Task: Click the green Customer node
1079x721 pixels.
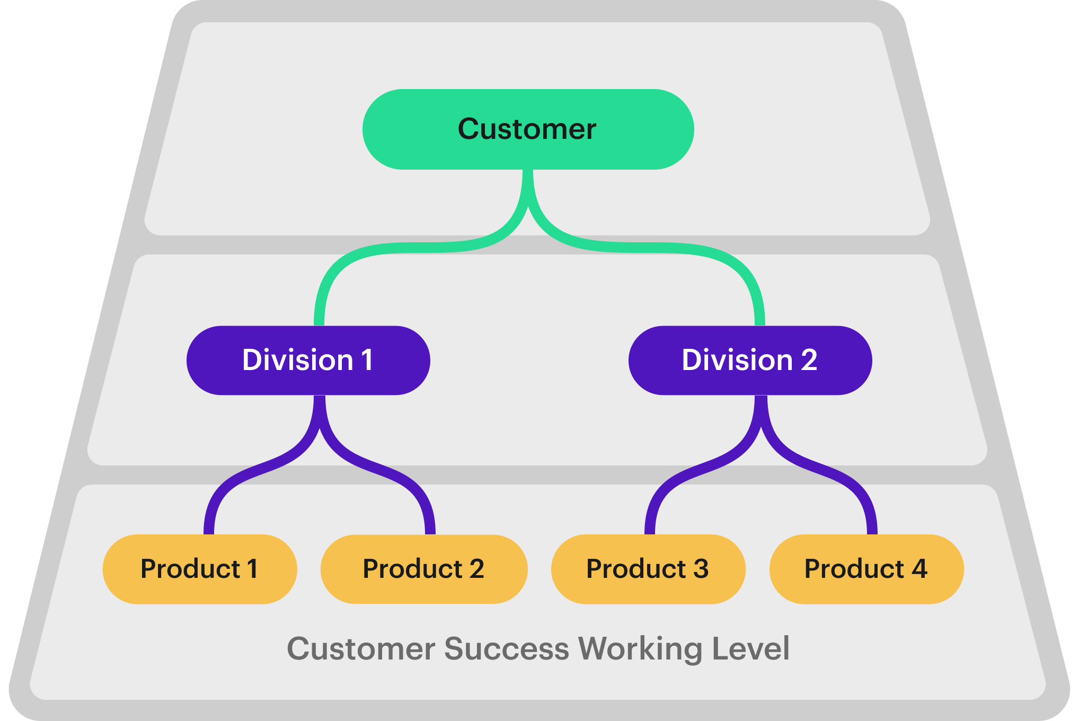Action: pyautogui.click(x=528, y=129)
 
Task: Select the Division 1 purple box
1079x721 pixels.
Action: pyautogui.click(x=308, y=360)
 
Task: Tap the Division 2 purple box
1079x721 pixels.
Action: pyautogui.click(x=750, y=360)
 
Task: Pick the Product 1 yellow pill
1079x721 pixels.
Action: pyautogui.click(x=199, y=569)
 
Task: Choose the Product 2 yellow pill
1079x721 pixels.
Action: pyautogui.click(x=423, y=569)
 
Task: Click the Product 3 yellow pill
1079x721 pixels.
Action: pyautogui.click(x=648, y=569)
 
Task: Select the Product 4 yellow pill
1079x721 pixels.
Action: pyautogui.click(x=866, y=569)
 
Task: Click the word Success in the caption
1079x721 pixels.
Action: pyautogui.click(x=506, y=648)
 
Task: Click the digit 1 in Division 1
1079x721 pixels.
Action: pyautogui.click(x=367, y=360)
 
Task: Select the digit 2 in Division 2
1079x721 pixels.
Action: pyautogui.click(x=809, y=360)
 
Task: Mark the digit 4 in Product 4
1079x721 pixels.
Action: pyautogui.click(x=919, y=569)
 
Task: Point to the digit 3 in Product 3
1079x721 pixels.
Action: pyautogui.click(x=701, y=569)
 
